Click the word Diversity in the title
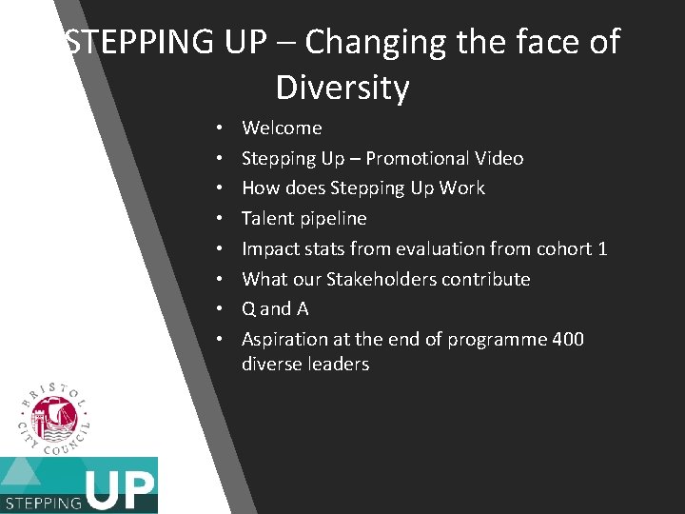342,88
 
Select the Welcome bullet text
282,128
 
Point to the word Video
497,158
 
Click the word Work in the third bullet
461,188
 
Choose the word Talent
266,218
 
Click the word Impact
270,248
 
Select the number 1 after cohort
601,248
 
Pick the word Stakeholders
372,279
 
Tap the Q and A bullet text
275,308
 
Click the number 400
568,339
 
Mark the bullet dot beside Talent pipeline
219,218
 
